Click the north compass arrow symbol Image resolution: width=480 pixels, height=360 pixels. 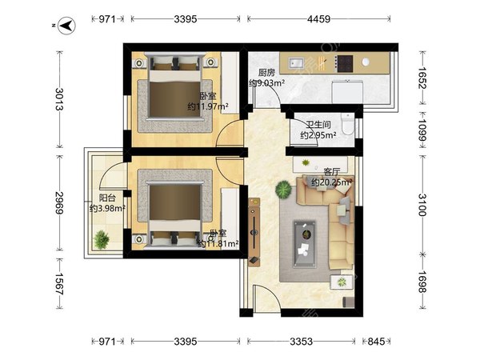click(67, 26)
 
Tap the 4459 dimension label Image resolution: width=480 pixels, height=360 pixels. click(318, 19)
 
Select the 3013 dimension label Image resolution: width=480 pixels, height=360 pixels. click(59, 99)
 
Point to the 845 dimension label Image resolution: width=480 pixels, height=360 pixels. click(376, 341)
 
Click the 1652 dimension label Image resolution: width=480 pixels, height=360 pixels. click(422, 78)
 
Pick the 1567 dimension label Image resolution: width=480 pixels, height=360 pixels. click(59, 284)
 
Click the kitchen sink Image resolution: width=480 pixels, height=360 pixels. click(296, 63)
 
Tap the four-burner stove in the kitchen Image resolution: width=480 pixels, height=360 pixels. click(344, 64)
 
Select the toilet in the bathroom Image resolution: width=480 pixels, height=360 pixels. click(347, 124)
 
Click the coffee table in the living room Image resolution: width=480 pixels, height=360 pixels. click(305, 243)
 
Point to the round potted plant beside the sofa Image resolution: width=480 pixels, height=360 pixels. click(284, 190)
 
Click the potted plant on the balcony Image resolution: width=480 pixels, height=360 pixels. click(102, 240)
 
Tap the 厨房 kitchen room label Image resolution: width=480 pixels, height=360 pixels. click(266, 73)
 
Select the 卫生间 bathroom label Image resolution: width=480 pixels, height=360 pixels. click(318, 125)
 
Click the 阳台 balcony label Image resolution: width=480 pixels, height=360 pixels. click(107, 198)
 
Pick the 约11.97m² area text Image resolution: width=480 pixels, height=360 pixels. click(208, 106)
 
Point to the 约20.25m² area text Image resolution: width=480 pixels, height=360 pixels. click(331, 182)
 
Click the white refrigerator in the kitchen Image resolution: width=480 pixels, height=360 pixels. click(347, 91)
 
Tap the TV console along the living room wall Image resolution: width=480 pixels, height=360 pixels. click(254, 232)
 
